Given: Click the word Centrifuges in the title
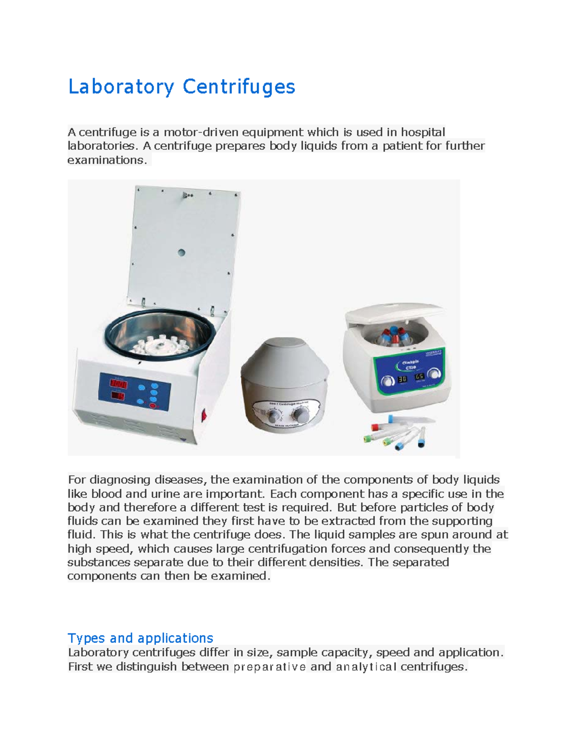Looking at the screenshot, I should point(239,87).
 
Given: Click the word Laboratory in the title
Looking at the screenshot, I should point(121,87).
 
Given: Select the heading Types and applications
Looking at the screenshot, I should point(140,638).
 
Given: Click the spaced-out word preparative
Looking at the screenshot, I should point(269,667).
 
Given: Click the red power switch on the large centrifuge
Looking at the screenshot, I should point(204,414).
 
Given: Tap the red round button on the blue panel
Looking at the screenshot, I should point(153,405).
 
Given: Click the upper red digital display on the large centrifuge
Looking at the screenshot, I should point(119,384).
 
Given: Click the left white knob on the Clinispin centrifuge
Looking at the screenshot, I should point(386,382).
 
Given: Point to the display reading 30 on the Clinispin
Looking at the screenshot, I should point(402,379).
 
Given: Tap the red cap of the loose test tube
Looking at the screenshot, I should point(376,426).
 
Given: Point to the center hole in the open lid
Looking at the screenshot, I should point(181,252).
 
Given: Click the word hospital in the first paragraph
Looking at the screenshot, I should point(423,132).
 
